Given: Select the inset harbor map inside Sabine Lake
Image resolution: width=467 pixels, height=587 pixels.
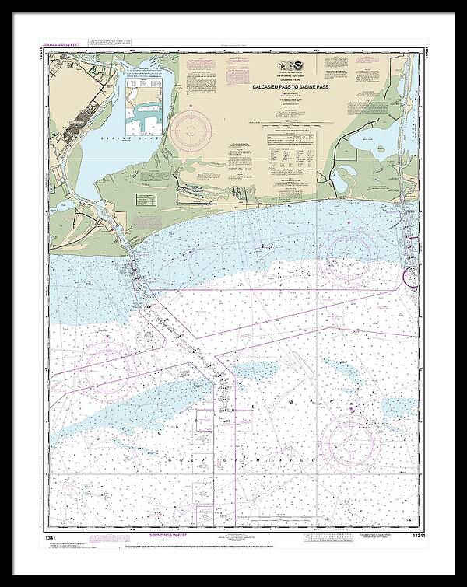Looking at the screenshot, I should pyautogui.click(x=149, y=98).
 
